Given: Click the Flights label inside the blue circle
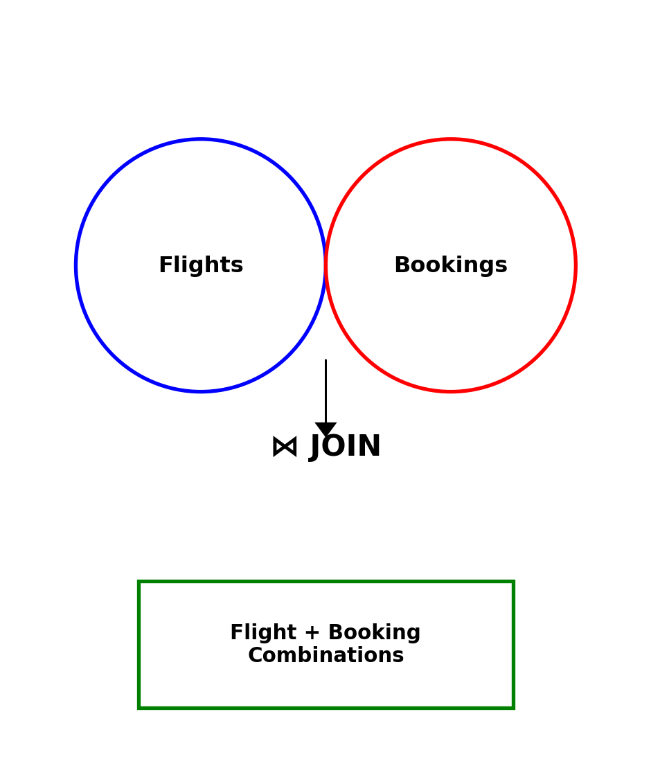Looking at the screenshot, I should click(x=201, y=266).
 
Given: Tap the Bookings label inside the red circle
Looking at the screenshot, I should click(x=450, y=266).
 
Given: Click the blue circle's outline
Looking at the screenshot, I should click(x=76, y=265).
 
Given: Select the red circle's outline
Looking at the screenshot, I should click(x=575, y=265).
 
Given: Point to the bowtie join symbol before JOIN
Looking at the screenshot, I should click(x=285, y=447).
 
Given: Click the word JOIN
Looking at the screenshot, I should click(x=345, y=447).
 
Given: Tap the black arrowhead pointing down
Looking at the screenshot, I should click(x=325, y=429).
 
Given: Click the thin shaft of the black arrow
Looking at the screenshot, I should click(x=325, y=388).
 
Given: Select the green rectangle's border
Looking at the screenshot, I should click(x=139, y=644).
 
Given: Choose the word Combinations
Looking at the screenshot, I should click(x=325, y=656).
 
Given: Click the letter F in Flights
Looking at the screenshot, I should click(x=165, y=266).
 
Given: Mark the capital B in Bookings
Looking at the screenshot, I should click(x=401, y=266).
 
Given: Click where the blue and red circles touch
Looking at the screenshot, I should click(x=325, y=265).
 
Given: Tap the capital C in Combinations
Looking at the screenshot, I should click(x=254, y=656).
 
